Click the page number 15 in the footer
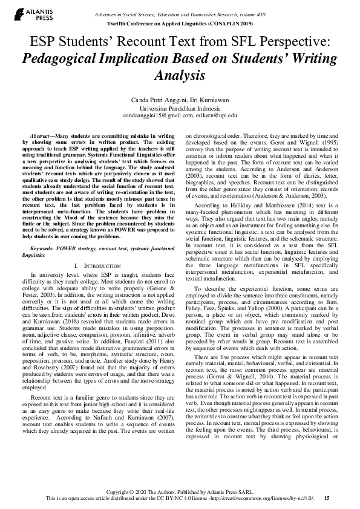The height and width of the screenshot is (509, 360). [x=327, y=498]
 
